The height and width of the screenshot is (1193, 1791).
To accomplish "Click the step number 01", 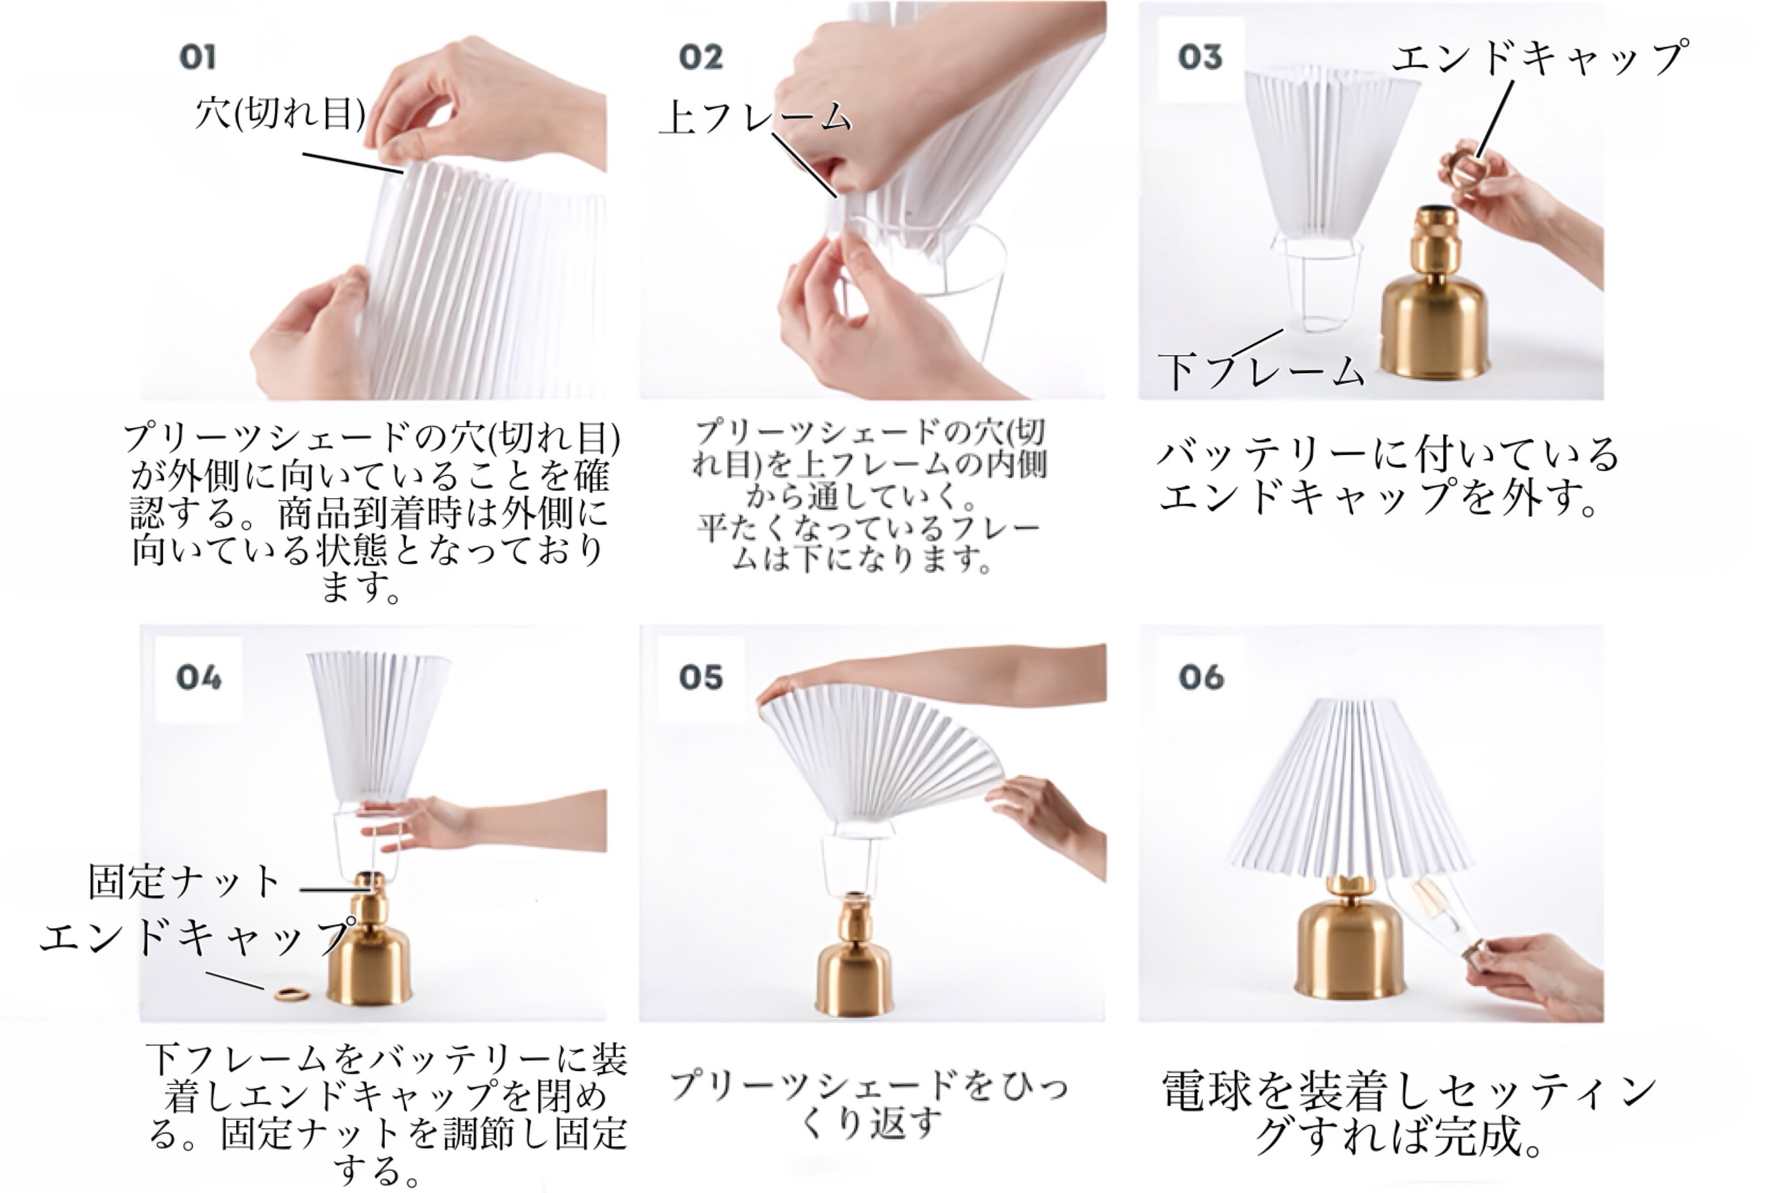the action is coord(198,57).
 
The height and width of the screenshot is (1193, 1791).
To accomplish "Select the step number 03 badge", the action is coord(1200,57).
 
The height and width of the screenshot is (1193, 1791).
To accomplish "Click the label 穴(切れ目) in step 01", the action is coord(280,114).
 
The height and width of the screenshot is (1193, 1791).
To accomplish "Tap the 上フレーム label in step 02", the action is coord(755,118).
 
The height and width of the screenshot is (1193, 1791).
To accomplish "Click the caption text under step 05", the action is coord(869,1103).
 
